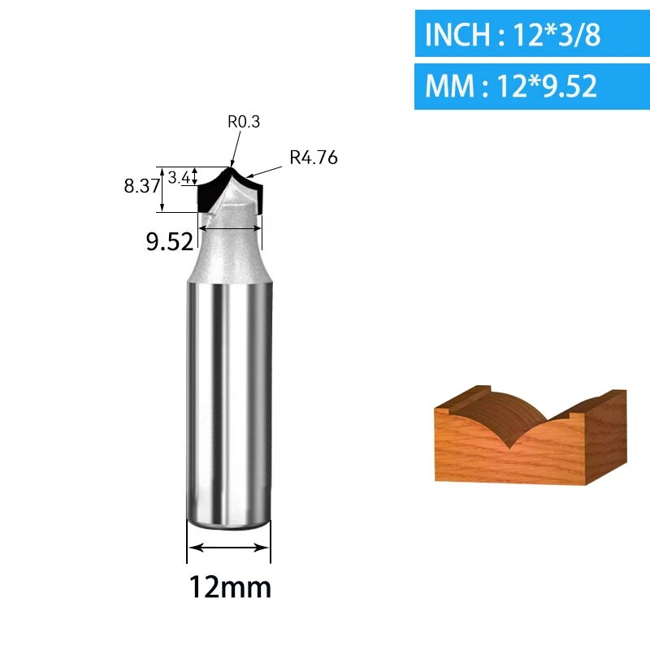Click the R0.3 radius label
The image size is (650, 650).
(244, 121)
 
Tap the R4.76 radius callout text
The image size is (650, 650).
(314, 158)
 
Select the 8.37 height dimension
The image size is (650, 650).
(141, 186)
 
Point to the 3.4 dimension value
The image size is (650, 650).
(180, 178)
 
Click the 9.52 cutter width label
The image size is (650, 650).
(170, 241)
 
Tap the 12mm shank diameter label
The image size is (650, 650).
(230, 587)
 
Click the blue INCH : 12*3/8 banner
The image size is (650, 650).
(532, 33)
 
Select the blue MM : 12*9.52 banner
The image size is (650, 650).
(532, 86)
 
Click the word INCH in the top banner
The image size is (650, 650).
(457, 34)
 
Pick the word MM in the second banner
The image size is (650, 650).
(450, 86)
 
